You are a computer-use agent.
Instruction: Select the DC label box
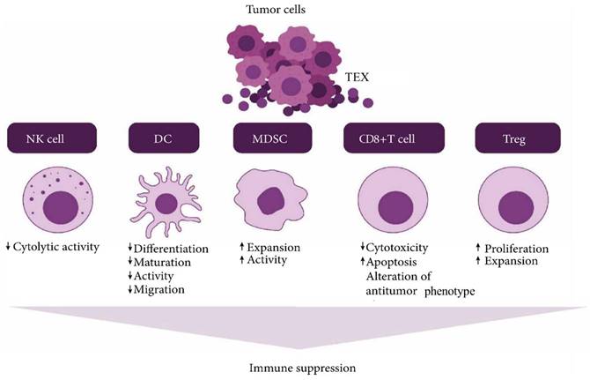click(x=164, y=139)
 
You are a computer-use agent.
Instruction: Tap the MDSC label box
click(x=273, y=139)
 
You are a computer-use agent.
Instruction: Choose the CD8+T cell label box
click(x=391, y=139)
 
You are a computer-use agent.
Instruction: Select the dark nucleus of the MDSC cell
click(x=275, y=198)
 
